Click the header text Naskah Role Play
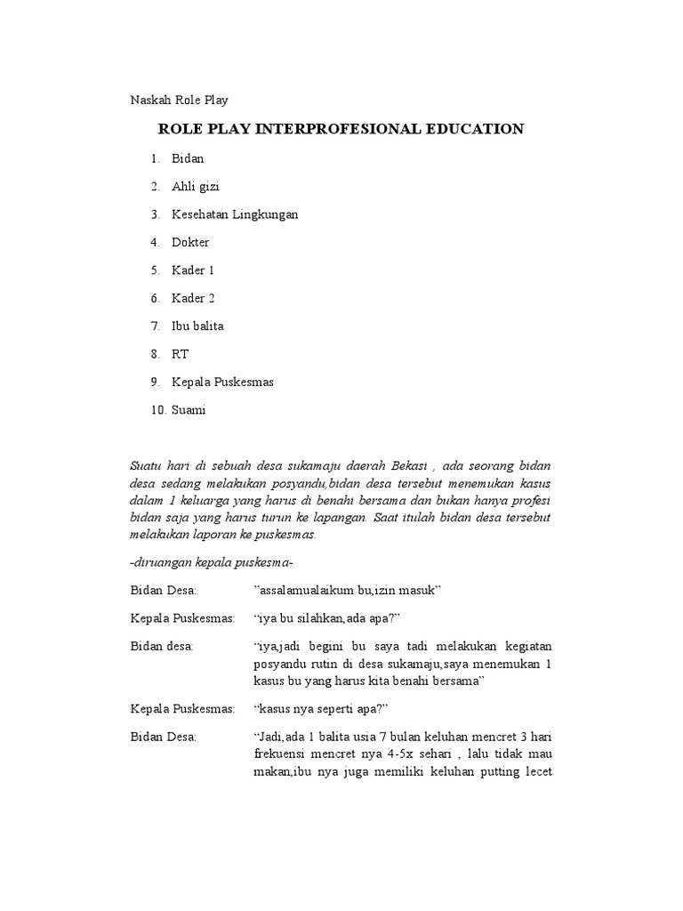(180, 101)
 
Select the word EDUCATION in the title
(473, 129)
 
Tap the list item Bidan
(188, 158)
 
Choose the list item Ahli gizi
(196, 186)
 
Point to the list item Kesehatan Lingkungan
(235, 214)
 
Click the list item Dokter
(190, 242)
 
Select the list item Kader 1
(193, 270)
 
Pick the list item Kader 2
(193, 298)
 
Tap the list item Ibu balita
(197, 326)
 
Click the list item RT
(181, 354)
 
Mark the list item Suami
(189, 410)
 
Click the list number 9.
(154, 382)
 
